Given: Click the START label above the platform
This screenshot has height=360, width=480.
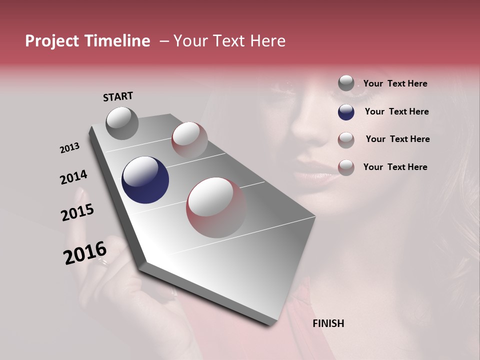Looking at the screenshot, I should click(x=118, y=96).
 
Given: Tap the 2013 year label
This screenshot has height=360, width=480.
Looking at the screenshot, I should click(x=69, y=148).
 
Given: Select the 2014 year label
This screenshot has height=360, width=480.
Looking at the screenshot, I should click(x=73, y=177).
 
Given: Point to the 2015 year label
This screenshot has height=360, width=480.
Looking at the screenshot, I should click(x=77, y=212).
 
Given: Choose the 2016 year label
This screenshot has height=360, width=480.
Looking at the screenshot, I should click(x=85, y=252).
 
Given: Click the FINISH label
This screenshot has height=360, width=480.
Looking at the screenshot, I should click(x=328, y=323).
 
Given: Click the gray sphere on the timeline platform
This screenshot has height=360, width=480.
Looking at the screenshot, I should click(x=122, y=123).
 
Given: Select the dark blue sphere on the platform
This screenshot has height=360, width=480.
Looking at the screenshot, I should click(x=145, y=180).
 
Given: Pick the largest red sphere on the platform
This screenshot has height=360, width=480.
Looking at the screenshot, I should click(x=216, y=207).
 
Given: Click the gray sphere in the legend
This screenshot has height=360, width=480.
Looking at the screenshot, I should click(x=346, y=83).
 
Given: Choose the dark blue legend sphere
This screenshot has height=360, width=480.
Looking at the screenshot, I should click(x=346, y=112).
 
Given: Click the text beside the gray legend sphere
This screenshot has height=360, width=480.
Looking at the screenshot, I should click(x=395, y=84).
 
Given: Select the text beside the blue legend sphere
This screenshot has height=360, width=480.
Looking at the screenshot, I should click(x=396, y=111).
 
